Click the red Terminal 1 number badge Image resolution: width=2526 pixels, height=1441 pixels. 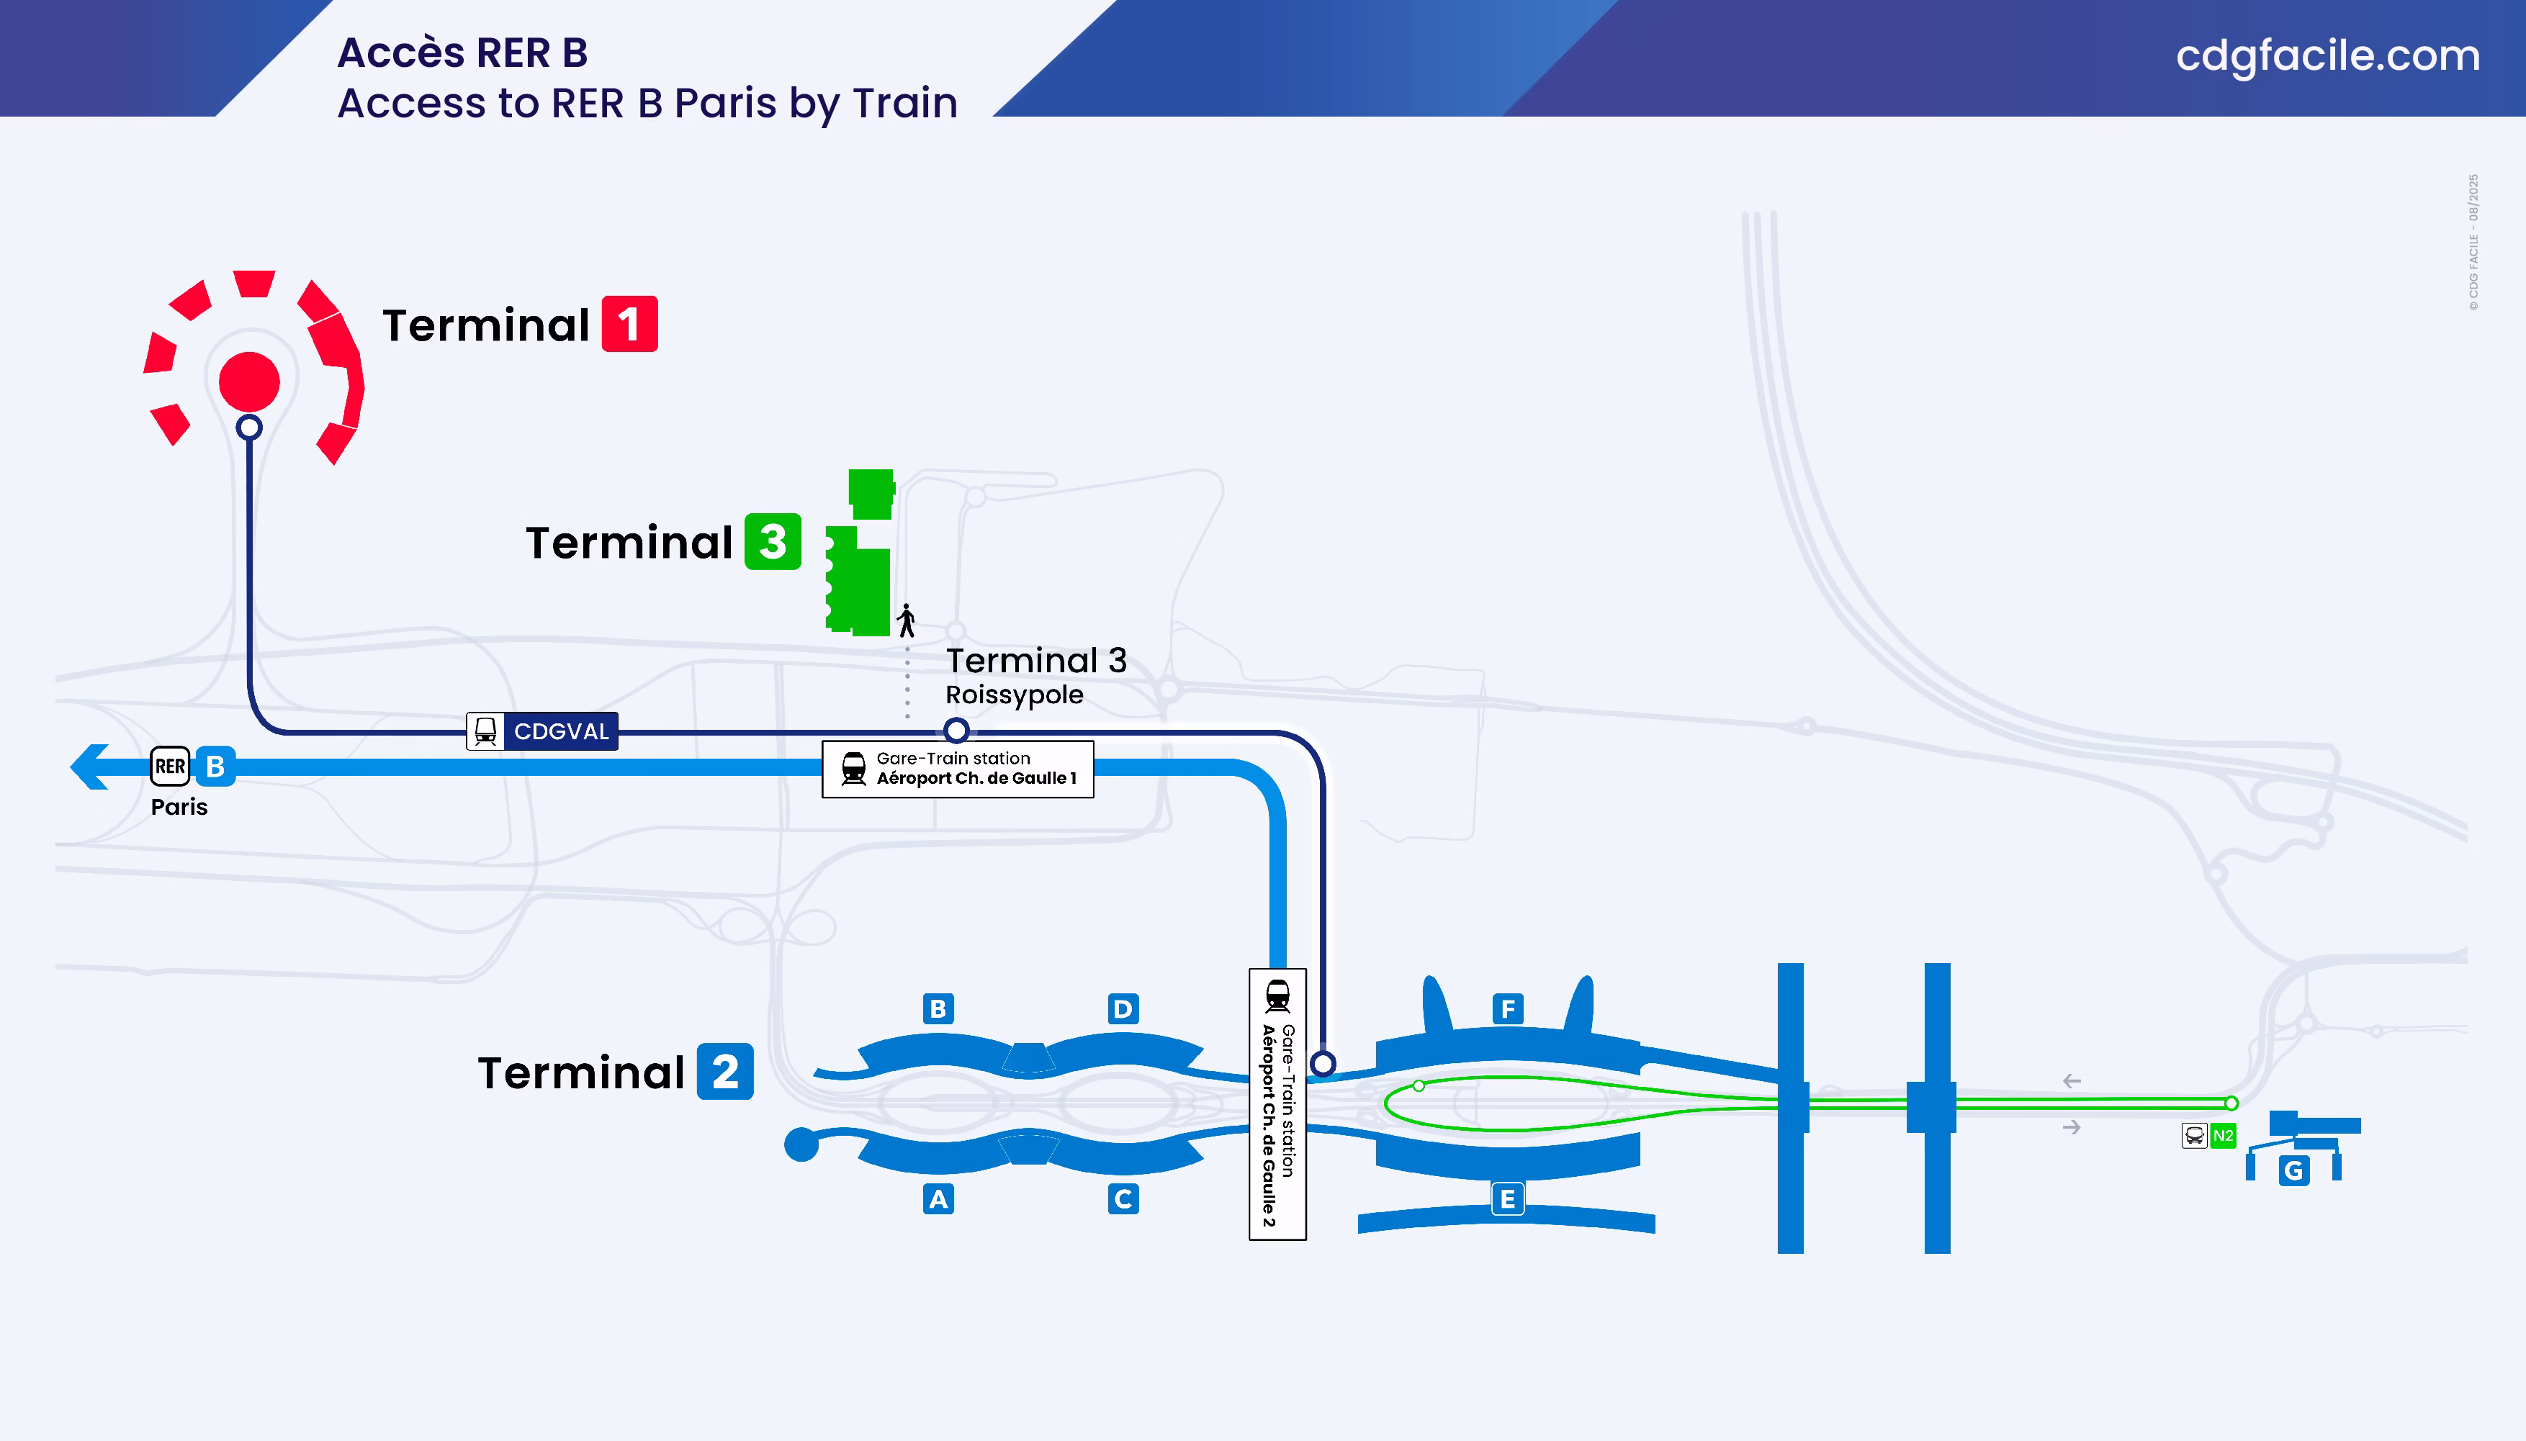629,324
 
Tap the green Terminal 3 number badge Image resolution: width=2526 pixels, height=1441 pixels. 772,541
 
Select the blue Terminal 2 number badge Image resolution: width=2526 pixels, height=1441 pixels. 724,1071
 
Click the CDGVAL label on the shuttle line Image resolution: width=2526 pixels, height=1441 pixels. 560,731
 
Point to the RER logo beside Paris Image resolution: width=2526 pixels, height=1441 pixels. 170,766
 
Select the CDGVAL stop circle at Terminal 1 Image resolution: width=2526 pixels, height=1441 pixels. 249,428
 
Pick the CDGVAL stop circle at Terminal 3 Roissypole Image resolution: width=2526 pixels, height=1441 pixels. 956,731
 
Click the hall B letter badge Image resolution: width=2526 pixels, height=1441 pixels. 938,1008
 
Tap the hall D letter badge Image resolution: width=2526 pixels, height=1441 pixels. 1123,1008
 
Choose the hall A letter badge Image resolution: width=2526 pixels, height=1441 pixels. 938,1199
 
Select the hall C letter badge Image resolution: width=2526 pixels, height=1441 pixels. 1123,1199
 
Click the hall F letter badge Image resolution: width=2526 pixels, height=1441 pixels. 1508,1008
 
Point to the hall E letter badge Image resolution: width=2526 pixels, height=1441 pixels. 1508,1199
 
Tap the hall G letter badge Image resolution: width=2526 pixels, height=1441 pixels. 2293,1171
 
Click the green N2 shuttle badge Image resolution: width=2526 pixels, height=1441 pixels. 2223,1135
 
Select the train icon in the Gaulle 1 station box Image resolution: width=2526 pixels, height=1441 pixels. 853,769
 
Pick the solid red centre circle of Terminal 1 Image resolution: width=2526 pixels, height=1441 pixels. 249,381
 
